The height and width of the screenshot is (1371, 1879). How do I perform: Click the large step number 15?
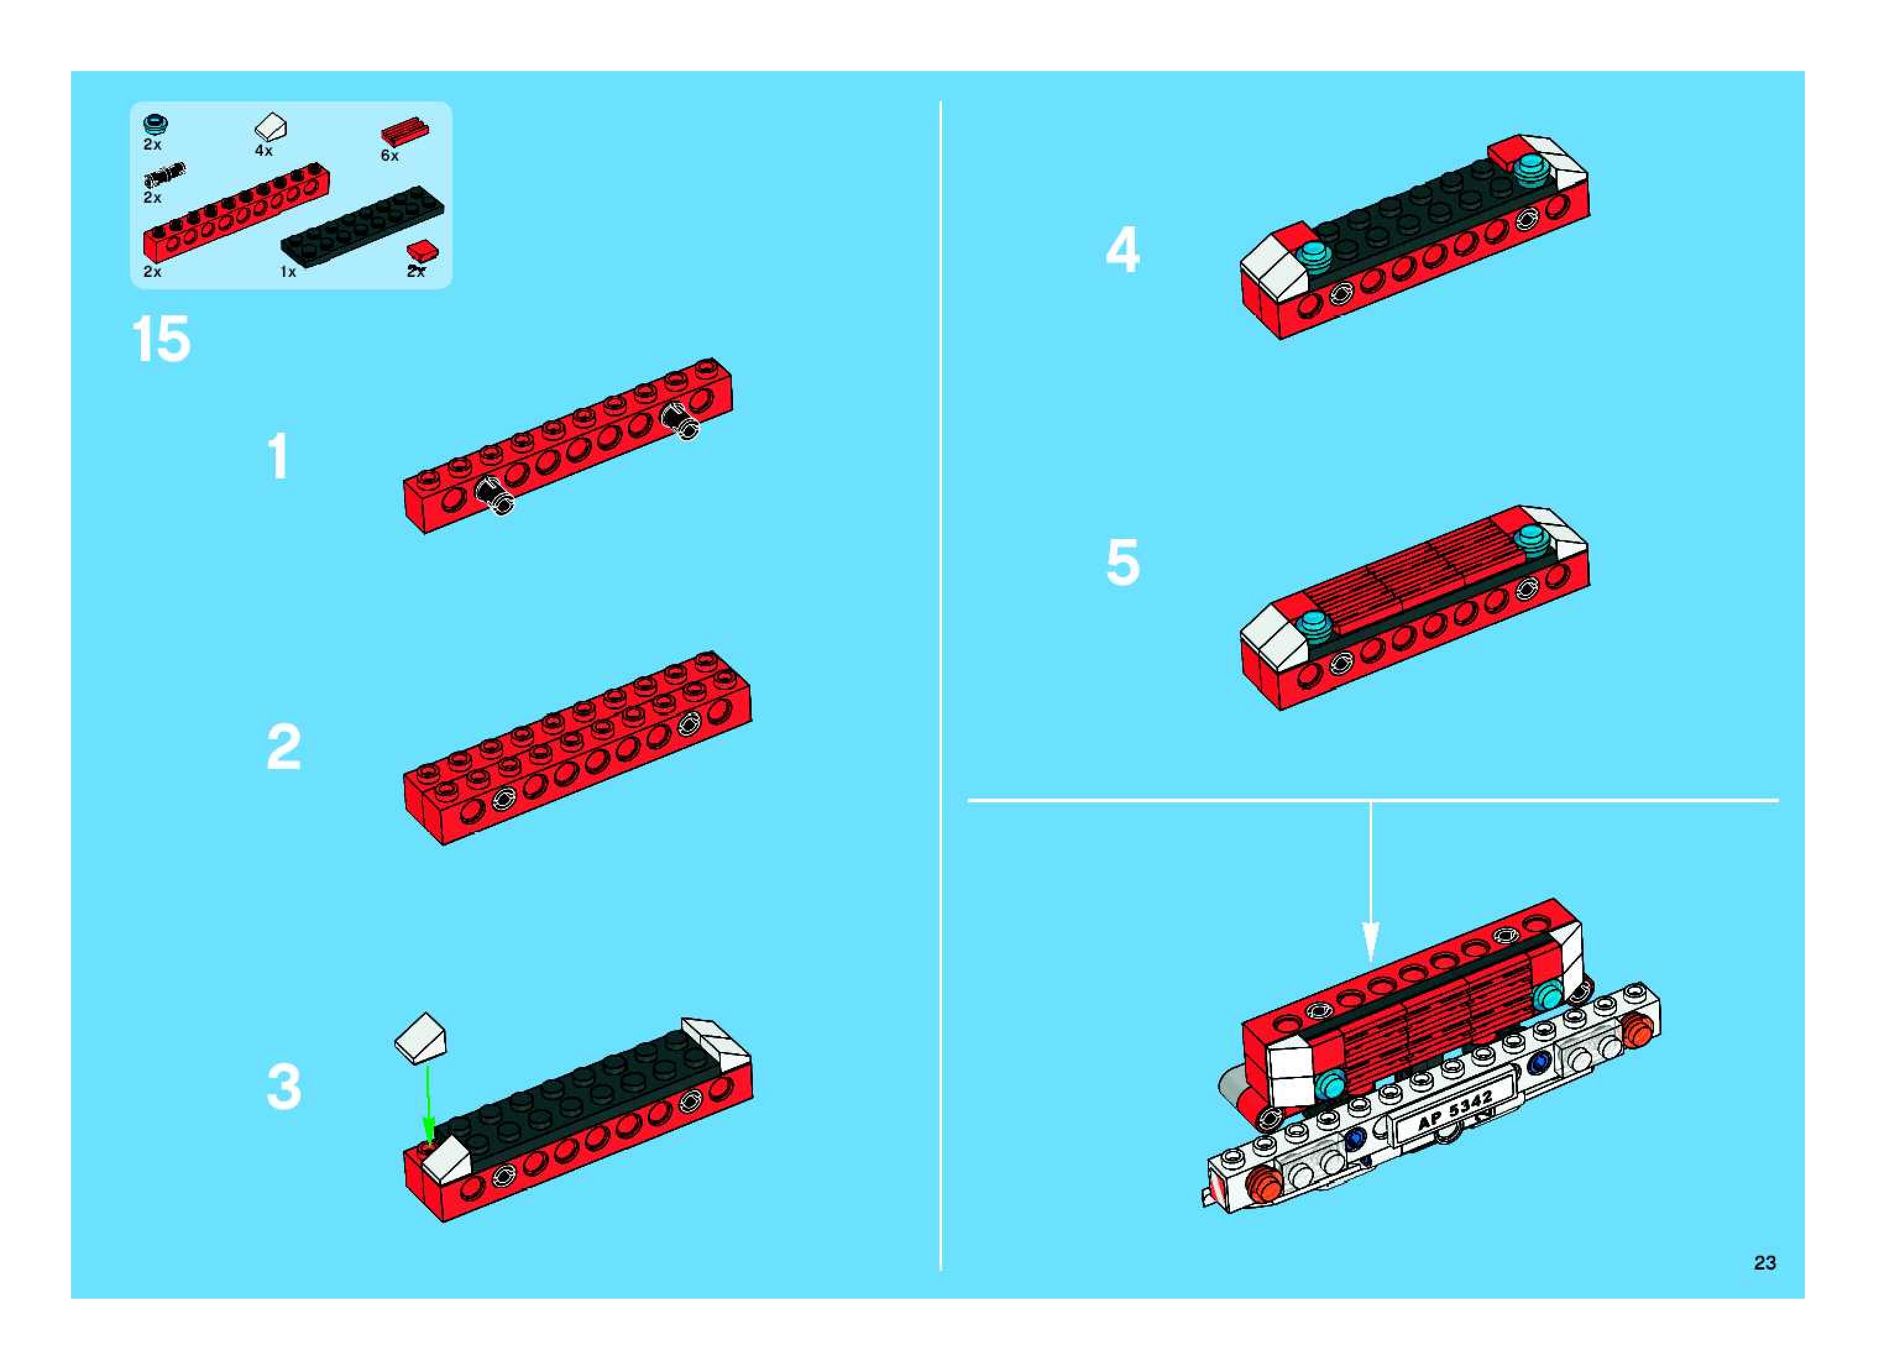[161, 339]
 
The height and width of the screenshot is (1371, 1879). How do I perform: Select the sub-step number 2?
[284, 747]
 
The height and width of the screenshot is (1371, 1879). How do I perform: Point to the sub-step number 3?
[284, 1087]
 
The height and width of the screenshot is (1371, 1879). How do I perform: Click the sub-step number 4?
[1123, 250]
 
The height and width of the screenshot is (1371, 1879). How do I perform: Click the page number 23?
[1765, 1262]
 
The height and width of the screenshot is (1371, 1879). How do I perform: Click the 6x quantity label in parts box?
[389, 155]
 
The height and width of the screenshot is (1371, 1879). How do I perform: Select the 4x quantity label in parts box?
[263, 150]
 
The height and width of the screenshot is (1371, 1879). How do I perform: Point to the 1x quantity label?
[288, 271]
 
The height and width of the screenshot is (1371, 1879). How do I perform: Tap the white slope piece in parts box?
[271, 129]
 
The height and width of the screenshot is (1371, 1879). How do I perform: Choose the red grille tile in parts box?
[405, 133]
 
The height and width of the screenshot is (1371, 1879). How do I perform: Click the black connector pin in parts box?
[164, 174]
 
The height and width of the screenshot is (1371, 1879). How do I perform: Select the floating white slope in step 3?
[421, 1037]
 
